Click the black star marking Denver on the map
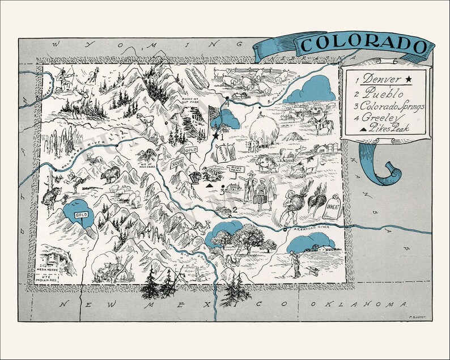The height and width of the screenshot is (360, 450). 215,136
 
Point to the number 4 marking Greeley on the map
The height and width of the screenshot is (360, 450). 227,104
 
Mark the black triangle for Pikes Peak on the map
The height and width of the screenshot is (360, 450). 209,185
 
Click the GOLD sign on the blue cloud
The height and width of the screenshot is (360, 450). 82,216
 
